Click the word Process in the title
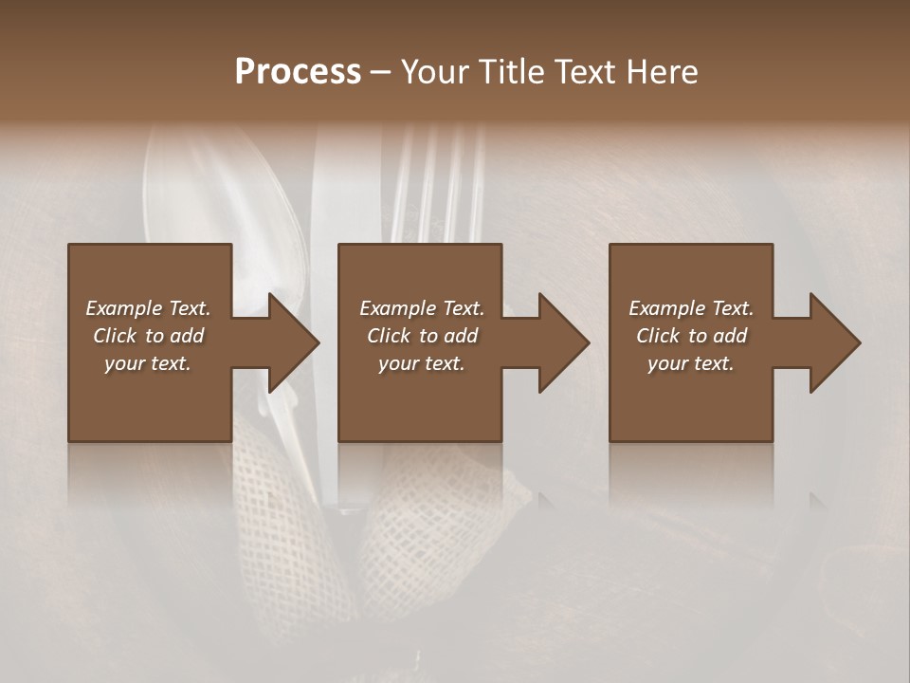pyautogui.click(x=298, y=72)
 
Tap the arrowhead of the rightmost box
pyautogui.click(x=835, y=342)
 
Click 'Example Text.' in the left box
pyautogui.click(x=148, y=308)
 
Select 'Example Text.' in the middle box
pyautogui.click(x=421, y=308)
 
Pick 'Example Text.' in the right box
pyautogui.click(x=691, y=308)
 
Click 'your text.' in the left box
pyautogui.click(x=148, y=363)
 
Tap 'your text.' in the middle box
pyautogui.click(x=421, y=363)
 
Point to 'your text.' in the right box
pyautogui.click(x=691, y=363)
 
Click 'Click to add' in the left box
pyautogui.click(x=148, y=336)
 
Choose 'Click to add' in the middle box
pyautogui.click(x=421, y=336)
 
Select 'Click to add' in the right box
pyautogui.click(x=691, y=336)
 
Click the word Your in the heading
pyautogui.click(x=437, y=72)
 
